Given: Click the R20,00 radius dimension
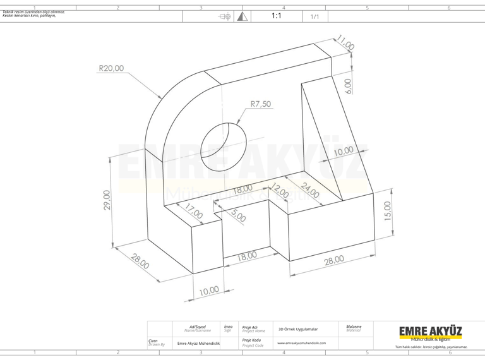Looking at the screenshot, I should tap(111, 68).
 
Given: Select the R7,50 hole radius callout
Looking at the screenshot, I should tap(260, 104).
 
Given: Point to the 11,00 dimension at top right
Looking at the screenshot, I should tap(345, 43).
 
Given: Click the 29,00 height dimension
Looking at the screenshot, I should tap(107, 200).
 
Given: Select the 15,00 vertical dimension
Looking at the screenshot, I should tap(388, 212).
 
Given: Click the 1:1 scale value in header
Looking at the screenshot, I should tap(276, 16).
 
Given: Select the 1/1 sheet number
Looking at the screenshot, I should tap(314, 16).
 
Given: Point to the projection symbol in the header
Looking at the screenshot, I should tap(225, 16).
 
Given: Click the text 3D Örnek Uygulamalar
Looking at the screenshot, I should tap(298, 329).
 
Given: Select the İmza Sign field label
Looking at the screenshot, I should tap(228, 328).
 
